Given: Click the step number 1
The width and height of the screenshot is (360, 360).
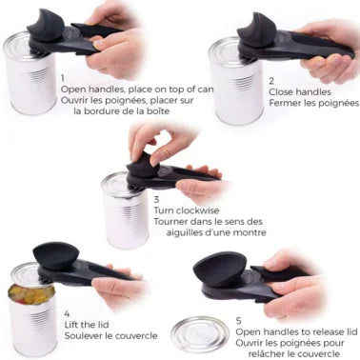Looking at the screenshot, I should [x=62, y=77].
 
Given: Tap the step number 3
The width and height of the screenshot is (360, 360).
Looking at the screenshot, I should [x=157, y=200].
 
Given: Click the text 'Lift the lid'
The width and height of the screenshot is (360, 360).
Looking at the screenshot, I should [x=89, y=324].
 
